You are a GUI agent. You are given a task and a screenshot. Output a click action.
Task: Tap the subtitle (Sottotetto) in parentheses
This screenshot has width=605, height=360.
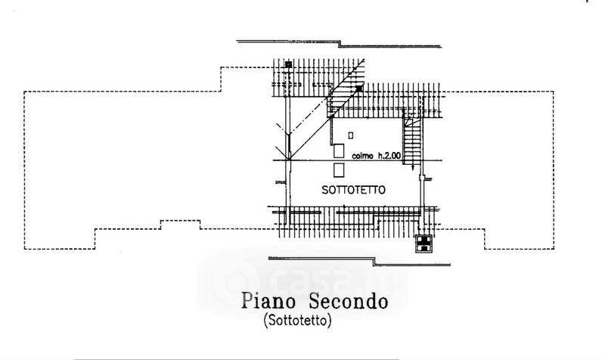pyautogui.click(x=298, y=321)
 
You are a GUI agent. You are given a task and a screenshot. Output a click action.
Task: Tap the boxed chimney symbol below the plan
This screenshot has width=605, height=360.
pyautogui.click(x=424, y=243)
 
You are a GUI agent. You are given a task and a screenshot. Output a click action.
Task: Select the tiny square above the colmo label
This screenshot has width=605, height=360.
pyautogui.click(x=351, y=135)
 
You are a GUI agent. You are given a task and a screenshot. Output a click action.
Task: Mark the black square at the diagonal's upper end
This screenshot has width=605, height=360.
pyautogui.click(x=358, y=88)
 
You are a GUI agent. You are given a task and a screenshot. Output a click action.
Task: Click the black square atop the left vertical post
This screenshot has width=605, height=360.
pyautogui.click(x=288, y=65)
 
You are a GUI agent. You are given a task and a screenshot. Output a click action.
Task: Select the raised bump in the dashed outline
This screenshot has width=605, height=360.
pyautogui.click(x=180, y=223)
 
